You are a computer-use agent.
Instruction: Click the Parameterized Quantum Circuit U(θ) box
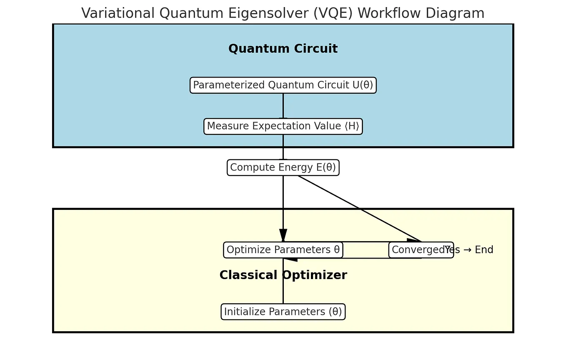[x=283, y=85]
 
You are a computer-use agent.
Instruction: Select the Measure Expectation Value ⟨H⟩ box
[x=283, y=126]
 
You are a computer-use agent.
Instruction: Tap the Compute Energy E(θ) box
[x=283, y=168]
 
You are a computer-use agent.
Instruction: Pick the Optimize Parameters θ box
[x=283, y=250]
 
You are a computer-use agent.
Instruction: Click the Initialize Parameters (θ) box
[x=283, y=312]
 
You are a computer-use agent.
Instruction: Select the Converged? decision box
[x=417, y=250]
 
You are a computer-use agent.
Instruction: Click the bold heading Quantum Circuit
[x=283, y=49]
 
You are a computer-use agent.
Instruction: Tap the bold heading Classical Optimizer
[x=283, y=275]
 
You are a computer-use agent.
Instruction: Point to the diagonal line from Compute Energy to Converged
[x=358, y=208]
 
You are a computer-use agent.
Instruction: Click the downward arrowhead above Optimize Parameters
[x=283, y=235]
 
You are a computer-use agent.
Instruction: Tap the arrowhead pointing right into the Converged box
[x=413, y=241]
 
